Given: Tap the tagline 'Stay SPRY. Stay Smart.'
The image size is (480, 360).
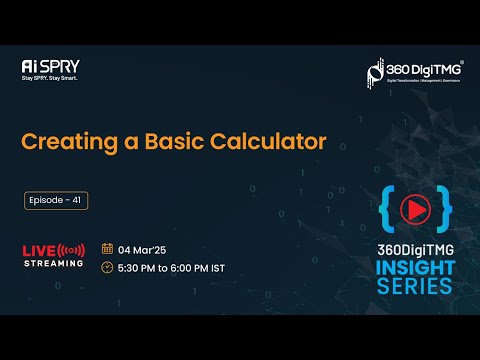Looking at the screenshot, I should coord(50,78).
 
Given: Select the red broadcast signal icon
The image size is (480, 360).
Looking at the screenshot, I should coord(72,249).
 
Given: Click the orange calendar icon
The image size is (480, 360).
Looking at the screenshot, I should coord(108,248).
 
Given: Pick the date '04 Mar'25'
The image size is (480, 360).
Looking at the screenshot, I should coord(142,248).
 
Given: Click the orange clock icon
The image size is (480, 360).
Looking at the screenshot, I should coord(108,268).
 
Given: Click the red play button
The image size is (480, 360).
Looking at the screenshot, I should coord(414,207).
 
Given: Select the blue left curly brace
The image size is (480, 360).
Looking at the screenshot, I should coord(386,207).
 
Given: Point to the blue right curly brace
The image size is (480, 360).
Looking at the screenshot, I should coord(444,207).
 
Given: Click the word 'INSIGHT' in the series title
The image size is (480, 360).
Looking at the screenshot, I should coord(415,267).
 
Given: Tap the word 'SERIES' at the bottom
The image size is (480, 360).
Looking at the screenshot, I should coord(415,286).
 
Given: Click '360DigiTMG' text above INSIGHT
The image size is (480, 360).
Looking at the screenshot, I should coord(415,246).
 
